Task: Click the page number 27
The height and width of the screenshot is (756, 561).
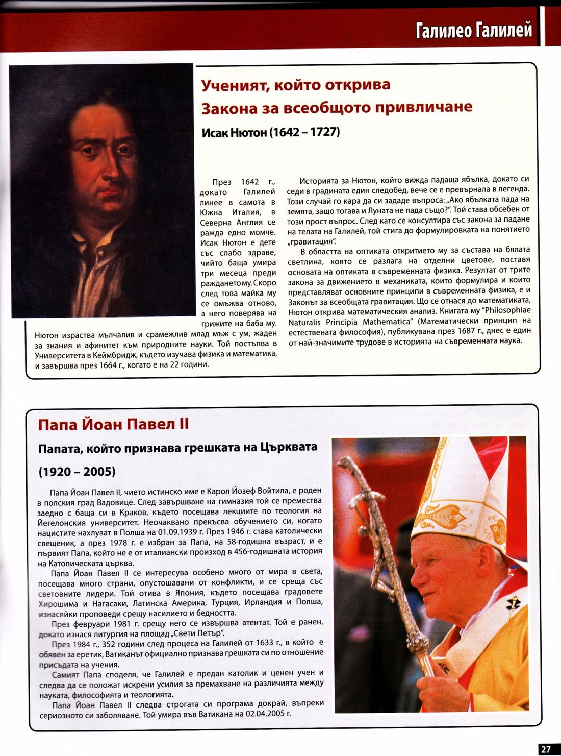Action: point(546,749)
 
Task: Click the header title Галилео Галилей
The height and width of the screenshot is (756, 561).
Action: point(474,30)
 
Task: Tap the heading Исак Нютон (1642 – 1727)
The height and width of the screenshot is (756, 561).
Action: point(271,133)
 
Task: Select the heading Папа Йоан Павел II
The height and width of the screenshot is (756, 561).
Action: point(113,424)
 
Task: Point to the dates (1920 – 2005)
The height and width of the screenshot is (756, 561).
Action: point(77,471)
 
